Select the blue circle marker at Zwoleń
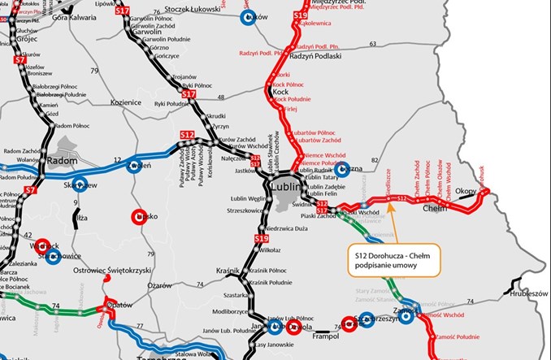(135, 166)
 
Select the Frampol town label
(323, 334)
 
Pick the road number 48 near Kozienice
(221, 98)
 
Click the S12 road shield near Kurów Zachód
(187, 133)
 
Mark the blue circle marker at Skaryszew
(80, 184)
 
